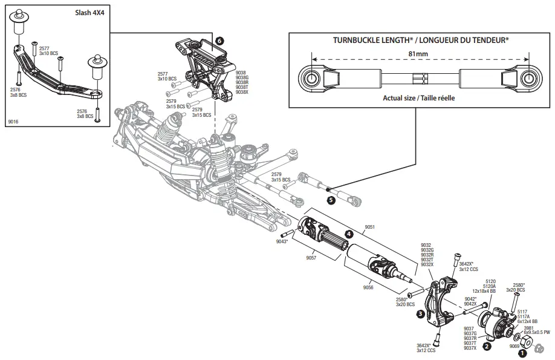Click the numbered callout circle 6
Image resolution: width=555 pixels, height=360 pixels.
tap(219, 39)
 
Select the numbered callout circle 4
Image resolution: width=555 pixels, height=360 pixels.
tap(349, 234)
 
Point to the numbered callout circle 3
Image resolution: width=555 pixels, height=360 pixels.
tap(420, 314)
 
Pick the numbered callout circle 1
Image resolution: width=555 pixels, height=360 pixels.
tap(523, 342)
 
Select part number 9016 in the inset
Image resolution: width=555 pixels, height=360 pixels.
tap(13, 122)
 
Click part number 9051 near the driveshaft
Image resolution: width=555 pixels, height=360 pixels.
tap(371, 227)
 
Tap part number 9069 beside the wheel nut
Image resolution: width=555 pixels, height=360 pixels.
tap(514, 347)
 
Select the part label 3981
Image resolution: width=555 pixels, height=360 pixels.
tap(528, 328)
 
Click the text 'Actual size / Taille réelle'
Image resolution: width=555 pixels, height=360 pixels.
tap(418, 97)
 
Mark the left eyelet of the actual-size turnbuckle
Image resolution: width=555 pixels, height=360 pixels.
tap(311, 79)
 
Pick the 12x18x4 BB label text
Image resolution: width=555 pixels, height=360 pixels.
tap(484, 291)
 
